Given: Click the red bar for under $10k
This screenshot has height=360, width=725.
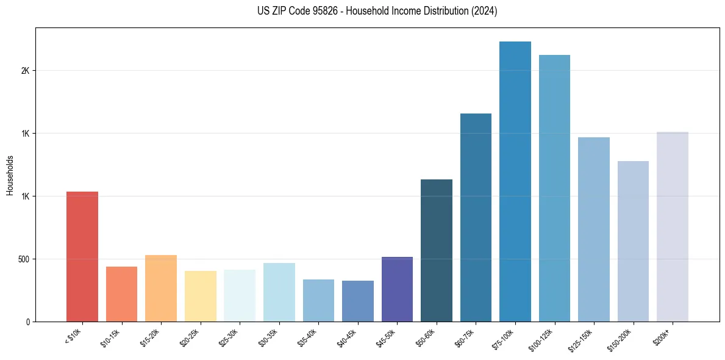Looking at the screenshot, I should (x=82, y=256).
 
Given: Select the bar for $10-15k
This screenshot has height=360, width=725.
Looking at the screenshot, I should (x=121, y=294).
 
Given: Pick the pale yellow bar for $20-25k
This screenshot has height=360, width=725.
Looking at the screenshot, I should (x=200, y=296).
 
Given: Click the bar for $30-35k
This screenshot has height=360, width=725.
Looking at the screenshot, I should (x=279, y=292).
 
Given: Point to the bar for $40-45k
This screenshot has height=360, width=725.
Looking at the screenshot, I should (x=357, y=301).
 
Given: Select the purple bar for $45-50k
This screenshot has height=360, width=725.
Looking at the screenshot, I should (x=397, y=289).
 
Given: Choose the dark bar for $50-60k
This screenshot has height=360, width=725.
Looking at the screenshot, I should (x=437, y=250).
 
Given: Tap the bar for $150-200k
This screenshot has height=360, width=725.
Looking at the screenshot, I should (x=633, y=241).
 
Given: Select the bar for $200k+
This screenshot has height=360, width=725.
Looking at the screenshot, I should (x=673, y=226).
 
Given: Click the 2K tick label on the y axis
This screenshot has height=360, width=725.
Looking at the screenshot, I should (x=25, y=71).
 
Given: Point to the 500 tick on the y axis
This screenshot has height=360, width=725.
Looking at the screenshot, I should (x=24, y=259).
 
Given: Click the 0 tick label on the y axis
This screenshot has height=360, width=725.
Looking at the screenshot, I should (x=28, y=322).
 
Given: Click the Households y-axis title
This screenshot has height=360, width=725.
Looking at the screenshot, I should (x=10, y=175).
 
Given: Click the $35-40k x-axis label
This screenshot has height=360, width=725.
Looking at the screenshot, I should (x=307, y=336).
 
